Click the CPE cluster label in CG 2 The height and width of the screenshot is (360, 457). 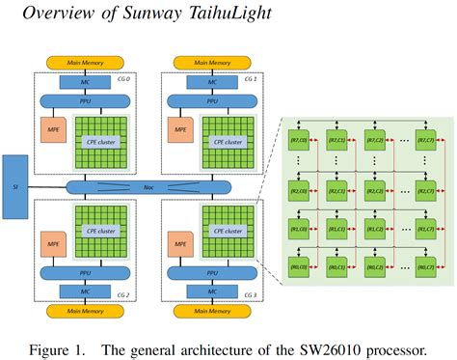coord(96,231)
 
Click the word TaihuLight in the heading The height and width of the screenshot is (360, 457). coord(213,14)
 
